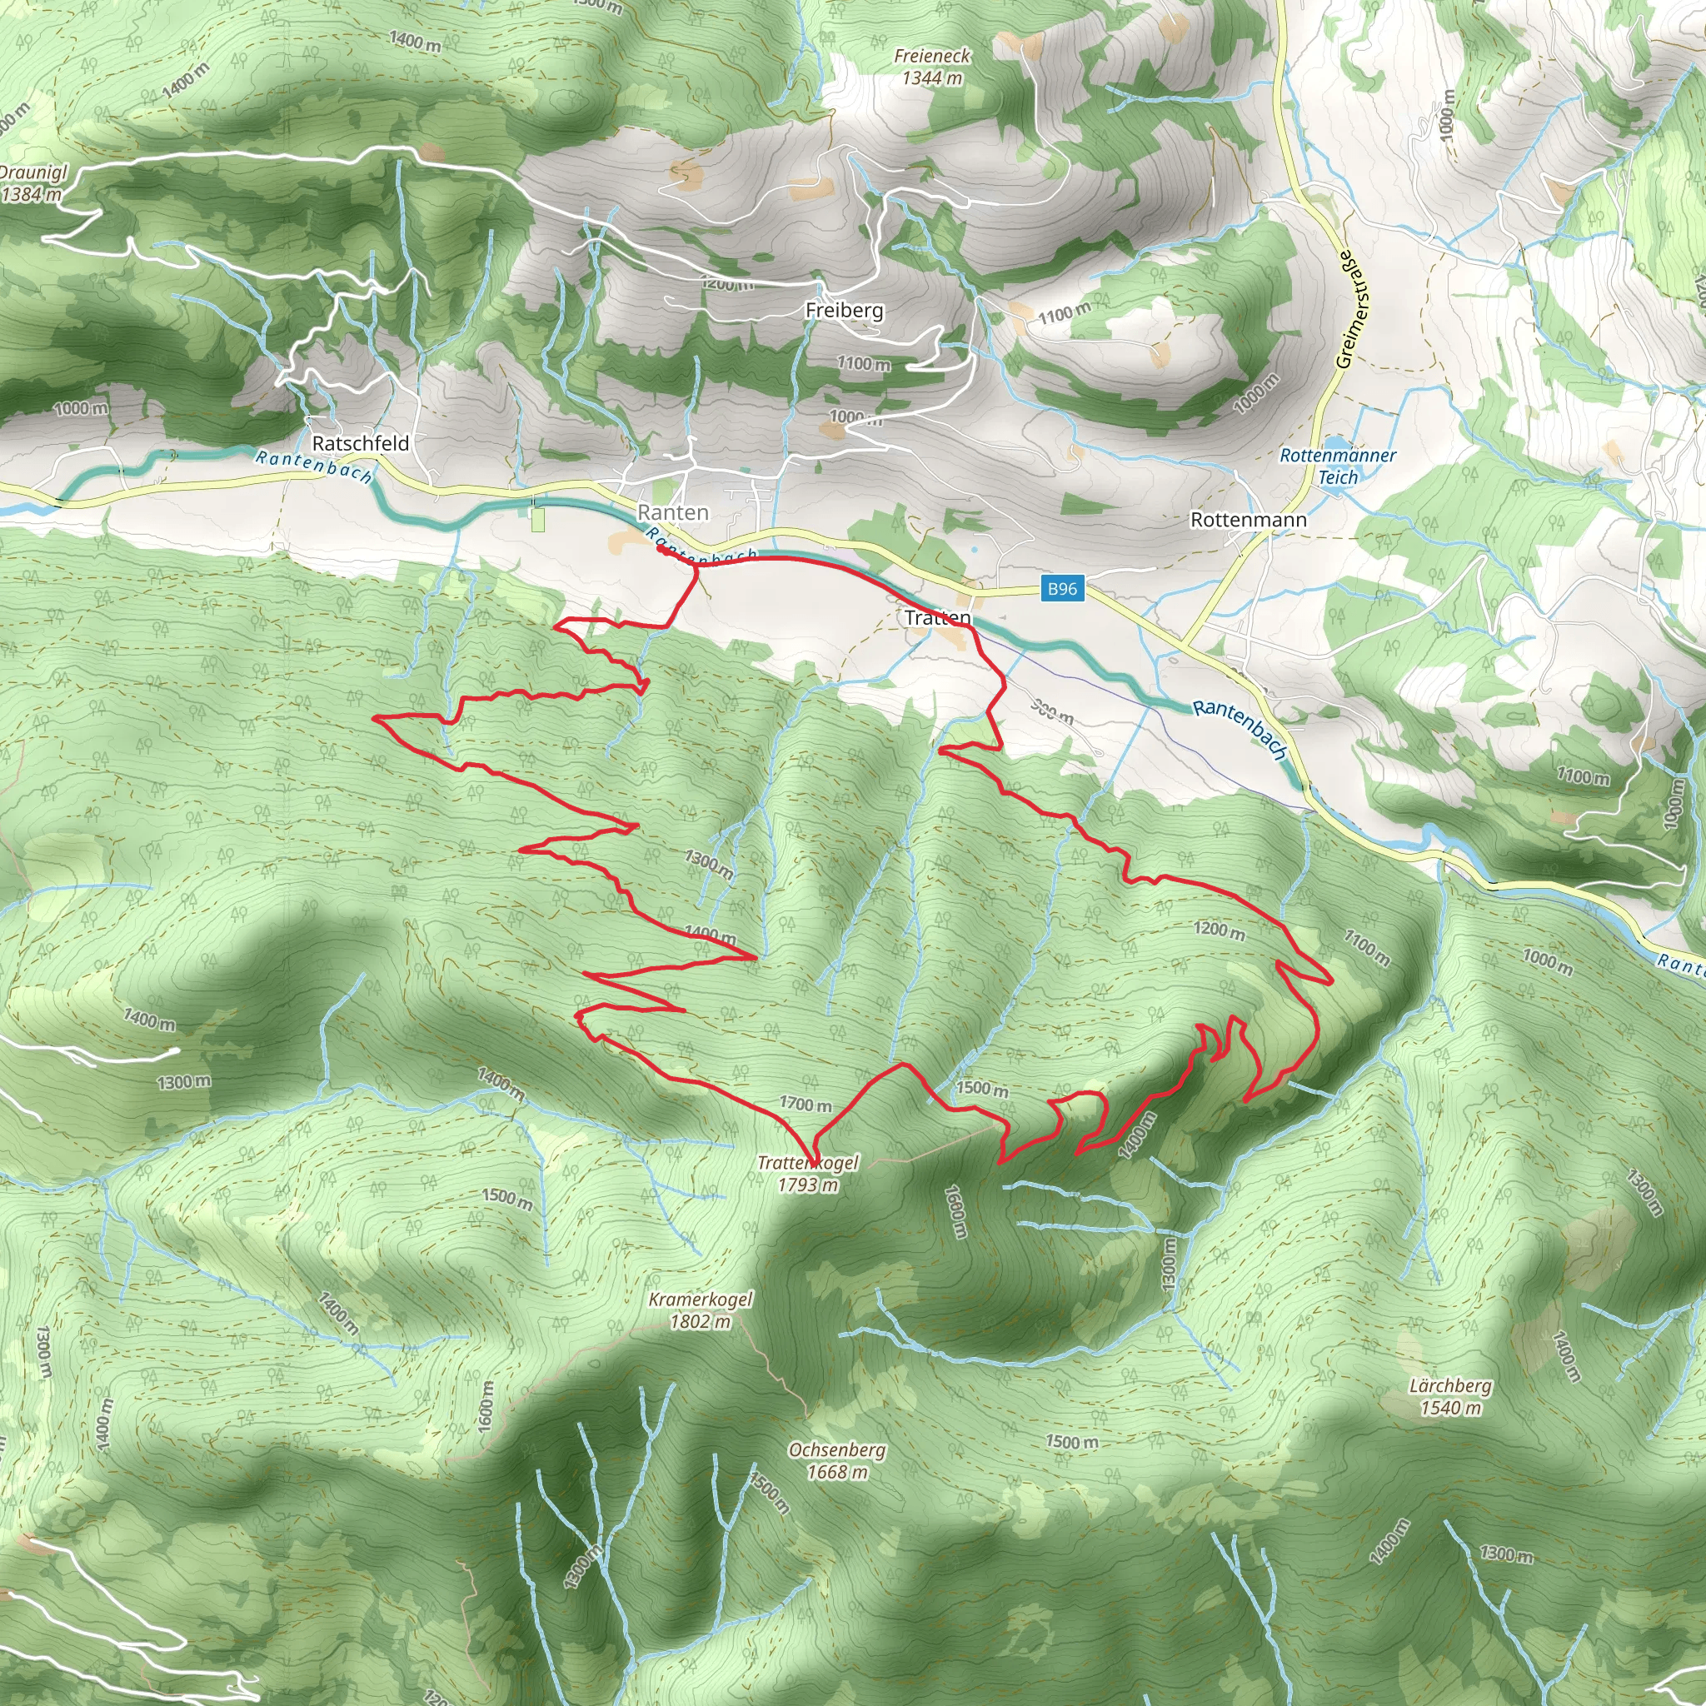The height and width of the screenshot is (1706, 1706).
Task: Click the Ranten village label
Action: click(x=673, y=512)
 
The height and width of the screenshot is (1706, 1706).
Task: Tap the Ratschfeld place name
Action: click(x=360, y=443)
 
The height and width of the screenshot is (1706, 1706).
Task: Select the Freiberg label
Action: click(x=844, y=310)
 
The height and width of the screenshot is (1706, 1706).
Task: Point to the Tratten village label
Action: click(x=938, y=617)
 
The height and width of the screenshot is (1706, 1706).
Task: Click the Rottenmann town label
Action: click(x=1249, y=519)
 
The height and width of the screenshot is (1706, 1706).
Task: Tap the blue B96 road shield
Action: click(x=1062, y=588)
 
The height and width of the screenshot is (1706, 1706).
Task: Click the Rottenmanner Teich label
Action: click(x=1338, y=466)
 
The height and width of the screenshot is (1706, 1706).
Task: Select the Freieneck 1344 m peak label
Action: click(x=932, y=67)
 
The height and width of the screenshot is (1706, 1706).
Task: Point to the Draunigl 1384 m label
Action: click(x=32, y=182)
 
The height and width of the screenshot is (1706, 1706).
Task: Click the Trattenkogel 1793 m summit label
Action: click(x=807, y=1174)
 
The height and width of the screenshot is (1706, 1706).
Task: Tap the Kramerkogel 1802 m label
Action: click(x=701, y=1310)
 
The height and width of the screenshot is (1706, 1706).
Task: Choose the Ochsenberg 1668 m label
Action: click(x=837, y=1460)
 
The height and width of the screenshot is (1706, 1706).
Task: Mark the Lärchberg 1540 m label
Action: click(x=1450, y=1396)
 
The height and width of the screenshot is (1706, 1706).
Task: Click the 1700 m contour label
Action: click(x=806, y=1104)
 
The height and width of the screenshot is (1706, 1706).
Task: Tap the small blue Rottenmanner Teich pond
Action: click(x=1337, y=443)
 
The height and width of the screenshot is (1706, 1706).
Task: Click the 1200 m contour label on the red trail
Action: click(x=1220, y=929)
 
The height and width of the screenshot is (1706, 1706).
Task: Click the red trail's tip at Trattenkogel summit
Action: click(x=813, y=1165)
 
